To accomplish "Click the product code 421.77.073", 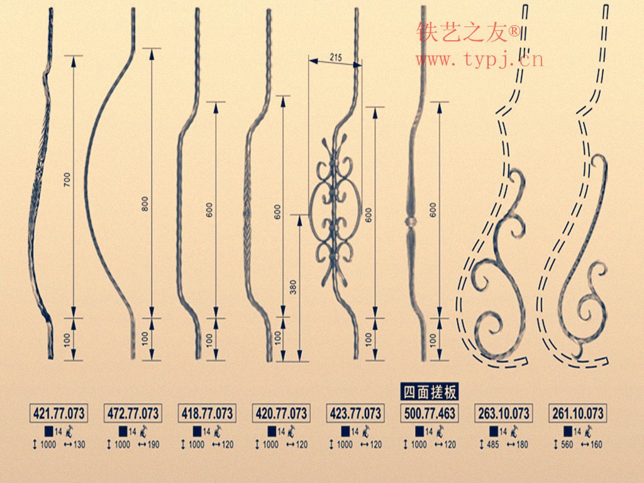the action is coord(58,413).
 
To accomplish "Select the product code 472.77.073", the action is coord(133,413).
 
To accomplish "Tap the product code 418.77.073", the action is coord(207,413).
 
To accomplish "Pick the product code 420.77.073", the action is coord(281,413).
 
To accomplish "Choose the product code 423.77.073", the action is coord(355,413).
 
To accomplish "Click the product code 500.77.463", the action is coord(429,413).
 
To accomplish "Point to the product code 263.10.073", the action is coord(504,413).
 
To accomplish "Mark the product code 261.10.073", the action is coord(577,413).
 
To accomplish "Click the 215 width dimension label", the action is coord(336,57).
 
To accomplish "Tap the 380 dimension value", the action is coord(293,287).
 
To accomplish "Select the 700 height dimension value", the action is coord(67,179).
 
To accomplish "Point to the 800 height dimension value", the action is coord(145,204).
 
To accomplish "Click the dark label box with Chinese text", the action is coord(429,392).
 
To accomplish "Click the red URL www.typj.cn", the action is coord(479,60).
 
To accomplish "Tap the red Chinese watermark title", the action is coord(468,32).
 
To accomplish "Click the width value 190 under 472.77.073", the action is coord(153,445).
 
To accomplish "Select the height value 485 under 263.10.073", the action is coord(492,445).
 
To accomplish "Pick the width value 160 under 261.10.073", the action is coord(596,445).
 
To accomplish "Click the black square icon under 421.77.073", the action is coord(49,431).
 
